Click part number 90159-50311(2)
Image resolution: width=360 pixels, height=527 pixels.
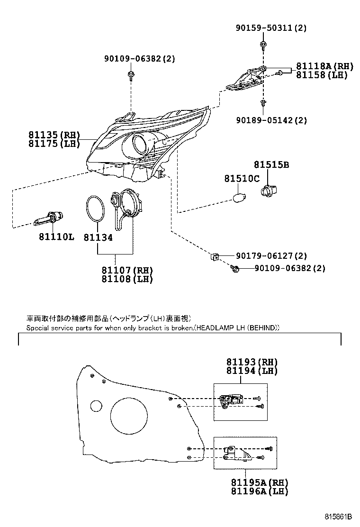(x=271, y=28)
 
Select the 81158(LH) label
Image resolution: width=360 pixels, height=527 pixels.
(x=322, y=75)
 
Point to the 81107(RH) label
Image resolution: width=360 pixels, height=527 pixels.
(x=127, y=271)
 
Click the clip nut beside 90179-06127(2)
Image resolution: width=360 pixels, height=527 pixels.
(x=214, y=257)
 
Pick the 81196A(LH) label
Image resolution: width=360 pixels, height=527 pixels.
(x=260, y=491)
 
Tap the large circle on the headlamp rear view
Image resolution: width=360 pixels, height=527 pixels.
(x=128, y=416)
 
